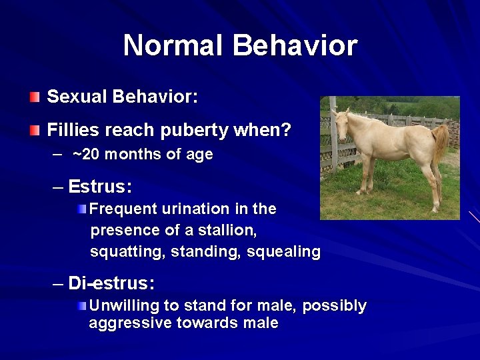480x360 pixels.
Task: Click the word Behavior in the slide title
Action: click(x=295, y=46)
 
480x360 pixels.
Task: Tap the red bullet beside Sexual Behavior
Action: click(x=35, y=97)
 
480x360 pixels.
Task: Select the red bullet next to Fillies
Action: click(x=35, y=131)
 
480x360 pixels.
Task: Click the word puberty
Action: click(x=194, y=131)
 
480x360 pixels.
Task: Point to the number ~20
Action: click(x=85, y=155)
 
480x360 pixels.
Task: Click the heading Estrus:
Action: click(x=100, y=186)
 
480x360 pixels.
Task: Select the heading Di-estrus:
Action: click(x=111, y=283)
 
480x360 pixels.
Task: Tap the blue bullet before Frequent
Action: click(x=81, y=209)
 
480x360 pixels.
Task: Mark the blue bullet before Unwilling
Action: click(x=81, y=306)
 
